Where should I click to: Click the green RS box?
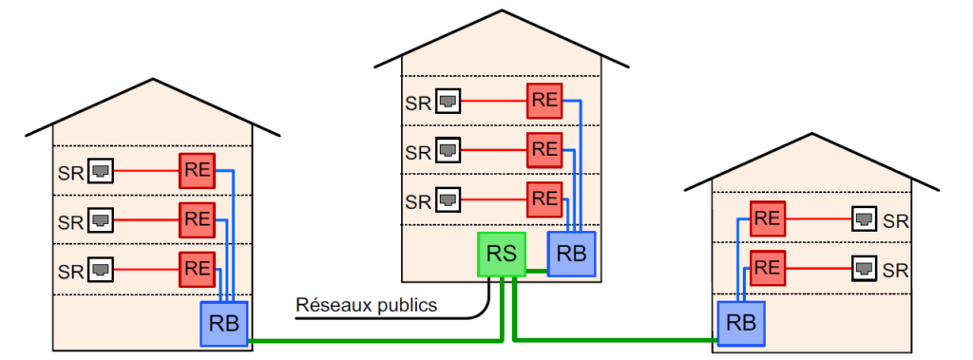(x=502, y=254)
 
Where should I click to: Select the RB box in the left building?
(x=224, y=323)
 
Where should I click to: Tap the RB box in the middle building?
(x=571, y=254)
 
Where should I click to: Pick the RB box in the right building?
(x=741, y=323)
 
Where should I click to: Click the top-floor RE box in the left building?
(x=198, y=171)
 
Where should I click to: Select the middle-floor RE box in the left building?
(x=198, y=219)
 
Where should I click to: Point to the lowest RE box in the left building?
(x=198, y=270)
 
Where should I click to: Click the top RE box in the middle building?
(x=544, y=101)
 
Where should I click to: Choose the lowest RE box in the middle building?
(x=544, y=199)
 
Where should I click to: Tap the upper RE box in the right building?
(x=768, y=218)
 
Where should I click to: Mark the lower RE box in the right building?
(x=768, y=268)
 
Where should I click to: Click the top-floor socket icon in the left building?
(x=101, y=171)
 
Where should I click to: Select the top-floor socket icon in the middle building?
(x=448, y=101)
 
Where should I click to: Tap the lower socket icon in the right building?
(x=864, y=269)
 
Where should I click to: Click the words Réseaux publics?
(x=366, y=305)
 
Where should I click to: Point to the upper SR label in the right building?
(x=895, y=220)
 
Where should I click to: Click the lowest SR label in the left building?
(x=70, y=272)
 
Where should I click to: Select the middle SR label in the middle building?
(x=418, y=151)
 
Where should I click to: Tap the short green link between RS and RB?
(x=537, y=271)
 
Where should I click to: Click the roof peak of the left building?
(x=153, y=80)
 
